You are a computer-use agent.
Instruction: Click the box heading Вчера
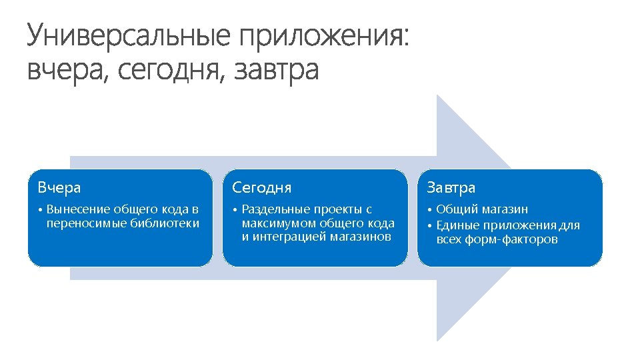point(59,187)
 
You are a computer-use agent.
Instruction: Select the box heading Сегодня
point(261,187)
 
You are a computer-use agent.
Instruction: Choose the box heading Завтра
point(451,187)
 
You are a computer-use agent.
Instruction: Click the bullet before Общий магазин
point(429,210)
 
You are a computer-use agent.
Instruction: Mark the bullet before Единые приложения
point(429,225)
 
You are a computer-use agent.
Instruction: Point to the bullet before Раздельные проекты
point(235,210)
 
